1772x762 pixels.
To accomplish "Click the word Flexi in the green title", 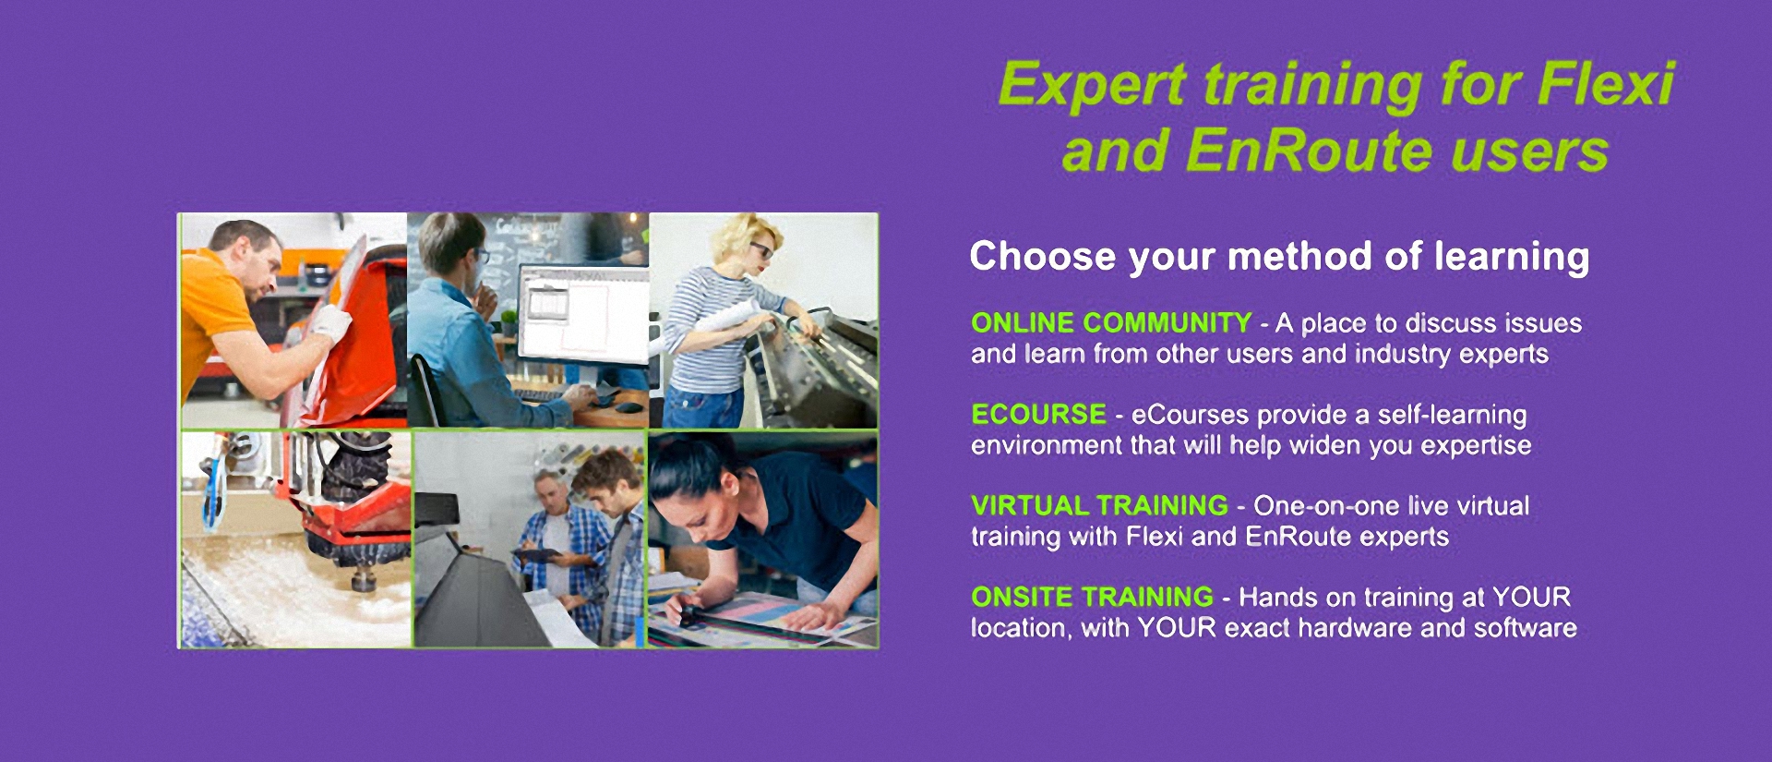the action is click(1606, 84).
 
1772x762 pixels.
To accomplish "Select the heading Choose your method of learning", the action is click(1279, 257).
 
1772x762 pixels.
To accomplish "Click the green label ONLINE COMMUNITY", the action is click(1111, 322).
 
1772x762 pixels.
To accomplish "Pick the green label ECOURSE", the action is click(1038, 414).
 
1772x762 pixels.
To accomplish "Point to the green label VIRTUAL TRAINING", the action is click(1099, 505).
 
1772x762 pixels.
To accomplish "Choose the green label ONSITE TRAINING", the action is click(1092, 597).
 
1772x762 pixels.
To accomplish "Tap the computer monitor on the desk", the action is click(583, 314).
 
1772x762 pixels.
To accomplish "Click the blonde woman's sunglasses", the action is click(763, 249).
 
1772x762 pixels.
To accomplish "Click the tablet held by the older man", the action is click(538, 556).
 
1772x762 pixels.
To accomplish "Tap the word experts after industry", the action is click(1503, 355).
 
